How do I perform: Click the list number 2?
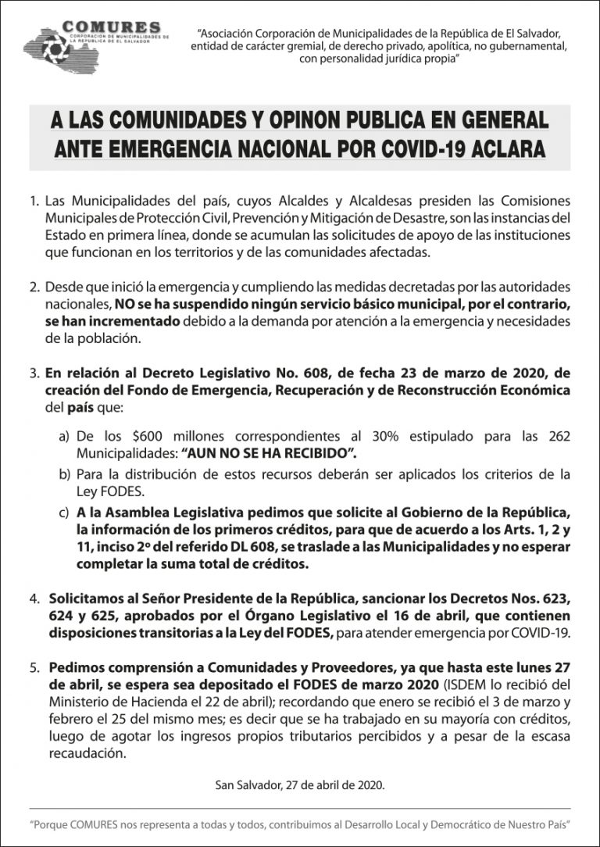click(34, 288)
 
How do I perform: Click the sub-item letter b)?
click(65, 474)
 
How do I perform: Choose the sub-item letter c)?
click(65, 513)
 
